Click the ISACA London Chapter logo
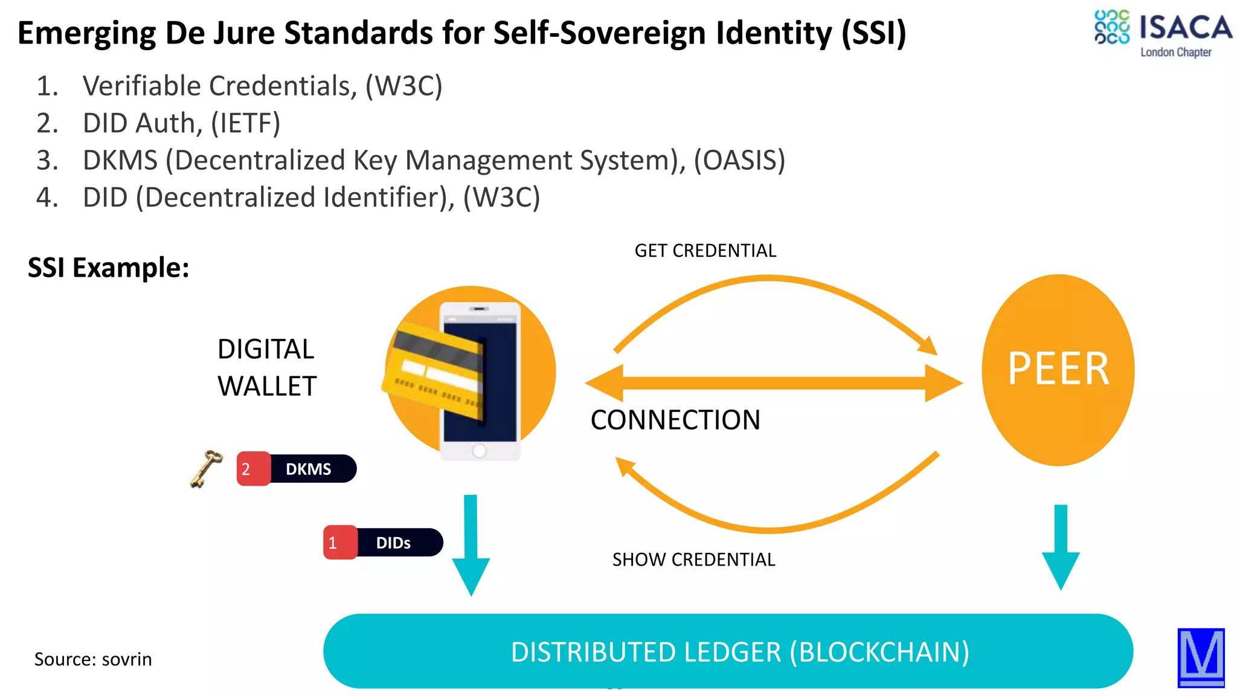1162,34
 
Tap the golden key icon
205,468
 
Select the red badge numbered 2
251,469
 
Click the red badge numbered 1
339,543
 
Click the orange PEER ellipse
1058,370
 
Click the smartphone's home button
480,451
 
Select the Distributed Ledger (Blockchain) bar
728,651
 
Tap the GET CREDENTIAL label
705,251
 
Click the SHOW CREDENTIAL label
693,559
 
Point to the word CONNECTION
675,420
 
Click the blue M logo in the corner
1201,657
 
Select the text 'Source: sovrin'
93,659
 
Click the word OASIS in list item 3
739,161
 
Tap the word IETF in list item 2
245,123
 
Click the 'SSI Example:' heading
109,268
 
